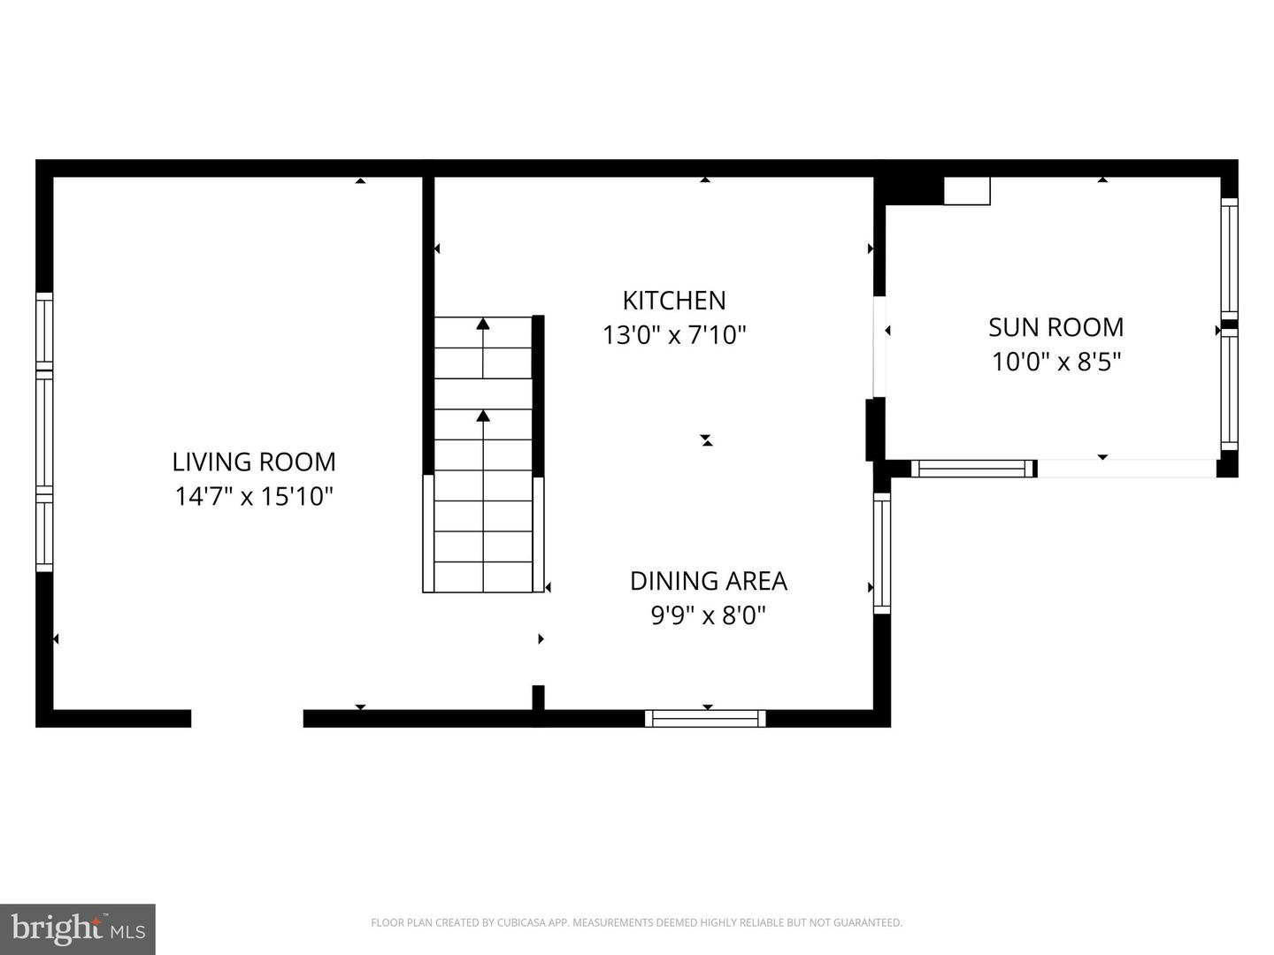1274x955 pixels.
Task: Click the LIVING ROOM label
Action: pyautogui.click(x=254, y=462)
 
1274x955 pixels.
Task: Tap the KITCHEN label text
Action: pyautogui.click(x=674, y=301)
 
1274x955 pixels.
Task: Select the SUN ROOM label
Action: pyautogui.click(x=1055, y=327)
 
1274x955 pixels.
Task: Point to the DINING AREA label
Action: pyautogui.click(x=708, y=581)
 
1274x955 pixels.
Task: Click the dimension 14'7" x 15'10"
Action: pyautogui.click(x=254, y=496)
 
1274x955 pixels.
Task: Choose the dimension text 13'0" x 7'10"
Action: pyautogui.click(x=674, y=335)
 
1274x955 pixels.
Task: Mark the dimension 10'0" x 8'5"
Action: pyautogui.click(x=1055, y=362)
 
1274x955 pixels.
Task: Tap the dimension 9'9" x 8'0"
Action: pyautogui.click(x=708, y=615)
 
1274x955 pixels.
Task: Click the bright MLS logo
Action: pyautogui.click(x=78, y=929)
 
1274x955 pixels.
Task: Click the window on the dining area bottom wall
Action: pyautogui.click(x=705, y=718)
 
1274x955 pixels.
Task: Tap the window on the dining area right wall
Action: pyautogui.click(x=881, y=553)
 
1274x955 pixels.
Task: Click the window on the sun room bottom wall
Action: pyautogui.click(x=972, y=469)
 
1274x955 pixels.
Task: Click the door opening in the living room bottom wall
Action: pyautogui.click(x=247, y=718)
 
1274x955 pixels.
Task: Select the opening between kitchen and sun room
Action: pyautogui.click(x=879, y=347)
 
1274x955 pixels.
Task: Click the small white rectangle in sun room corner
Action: pyautogui.click(x=966, y=191)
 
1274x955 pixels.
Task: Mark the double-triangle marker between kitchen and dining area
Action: pyautogui.click(x=706, y=439)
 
